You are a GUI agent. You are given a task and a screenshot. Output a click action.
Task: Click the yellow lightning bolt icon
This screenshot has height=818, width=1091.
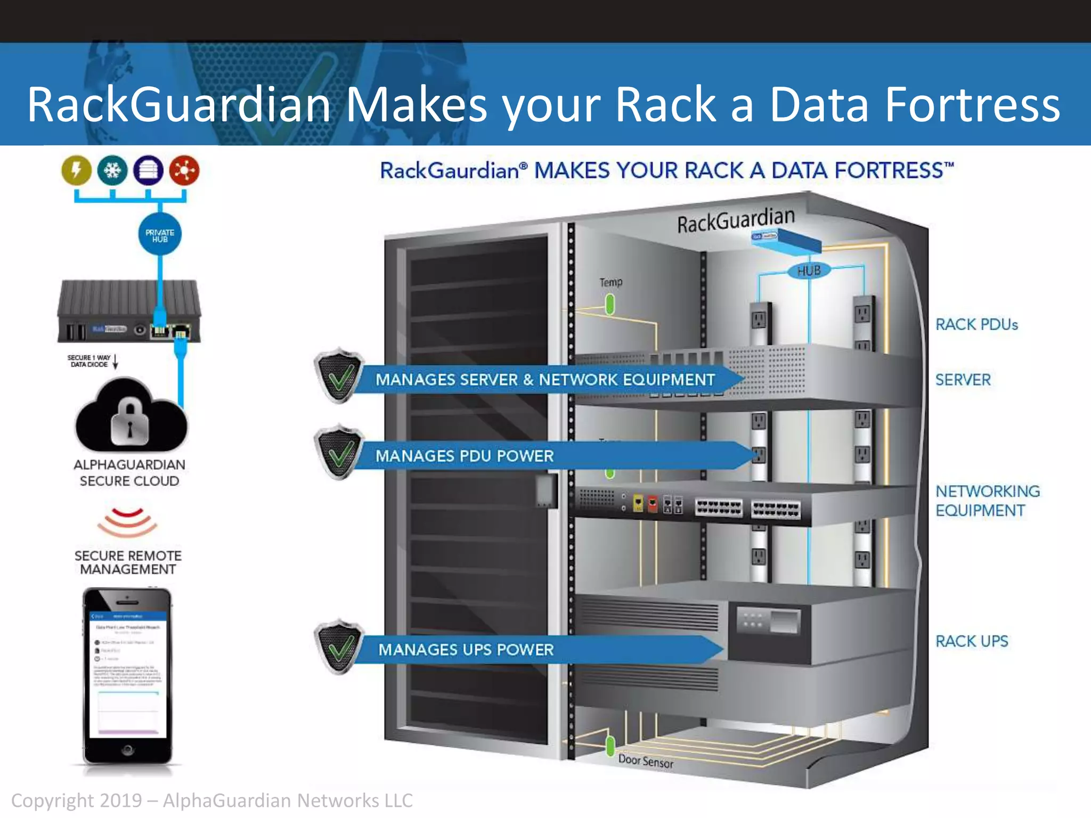(77, 170)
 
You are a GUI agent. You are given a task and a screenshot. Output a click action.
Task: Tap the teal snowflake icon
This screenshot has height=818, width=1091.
(112, 170)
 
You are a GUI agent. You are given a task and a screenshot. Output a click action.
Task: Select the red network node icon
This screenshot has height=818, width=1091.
(184, 170)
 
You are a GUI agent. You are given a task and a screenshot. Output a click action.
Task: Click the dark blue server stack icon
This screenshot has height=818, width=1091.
(149, 170)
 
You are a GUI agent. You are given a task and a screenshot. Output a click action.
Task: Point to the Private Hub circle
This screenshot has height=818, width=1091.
(160, 235)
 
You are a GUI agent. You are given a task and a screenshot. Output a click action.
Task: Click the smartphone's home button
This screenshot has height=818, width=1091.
(127, 750)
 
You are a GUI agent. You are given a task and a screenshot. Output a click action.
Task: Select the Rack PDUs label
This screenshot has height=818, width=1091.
(976, 324)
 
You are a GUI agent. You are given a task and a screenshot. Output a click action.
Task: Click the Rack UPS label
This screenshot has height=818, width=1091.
(972, 641)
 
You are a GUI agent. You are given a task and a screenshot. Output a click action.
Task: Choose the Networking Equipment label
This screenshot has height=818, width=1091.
(987, 501)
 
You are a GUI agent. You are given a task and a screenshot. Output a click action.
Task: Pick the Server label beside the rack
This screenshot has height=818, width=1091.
(963, 380)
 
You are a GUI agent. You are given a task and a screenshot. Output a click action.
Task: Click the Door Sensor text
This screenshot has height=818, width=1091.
(646, 762)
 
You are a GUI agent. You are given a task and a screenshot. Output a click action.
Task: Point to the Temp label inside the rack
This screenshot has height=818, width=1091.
(610, 282)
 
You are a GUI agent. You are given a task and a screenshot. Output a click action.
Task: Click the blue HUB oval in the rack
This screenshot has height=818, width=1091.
(809, 271)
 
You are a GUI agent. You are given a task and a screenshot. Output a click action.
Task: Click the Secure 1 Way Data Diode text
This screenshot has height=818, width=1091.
(89, 361)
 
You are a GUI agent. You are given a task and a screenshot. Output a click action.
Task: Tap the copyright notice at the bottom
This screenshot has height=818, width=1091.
(211, 800)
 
